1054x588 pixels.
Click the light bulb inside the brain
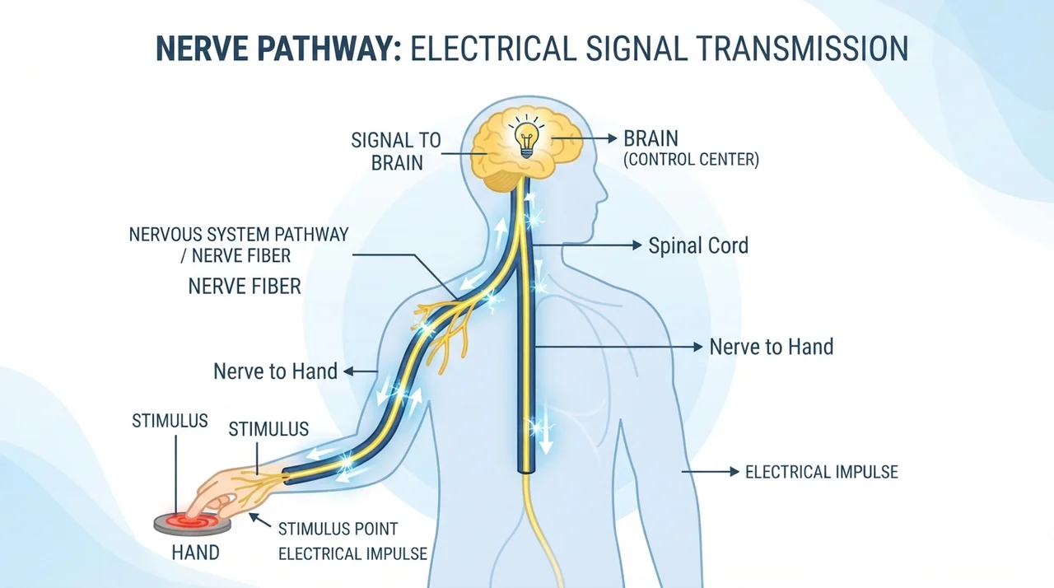(x=526, y=140)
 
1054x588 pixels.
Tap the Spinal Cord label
(x=698, y=245)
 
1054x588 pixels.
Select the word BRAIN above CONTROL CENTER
(x=651, y=139)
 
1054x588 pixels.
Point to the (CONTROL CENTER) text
(x=691, y=160)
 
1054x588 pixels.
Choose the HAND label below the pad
(x=195, y=553)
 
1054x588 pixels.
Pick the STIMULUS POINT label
(x=338, y=529)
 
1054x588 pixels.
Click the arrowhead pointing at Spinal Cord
(x=637, y=245)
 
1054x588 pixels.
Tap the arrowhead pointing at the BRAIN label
(x=612, y=138)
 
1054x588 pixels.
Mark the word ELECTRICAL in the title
(x=493, y=48)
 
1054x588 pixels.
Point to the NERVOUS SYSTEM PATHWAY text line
(x=239, y=234)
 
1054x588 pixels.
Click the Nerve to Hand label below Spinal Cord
(x=772, y=347)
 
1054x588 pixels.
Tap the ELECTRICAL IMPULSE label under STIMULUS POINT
(x=352, y=553)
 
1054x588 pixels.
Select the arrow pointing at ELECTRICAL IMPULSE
(x=711, y=471)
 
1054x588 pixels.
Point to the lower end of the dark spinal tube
(x=526, y=472)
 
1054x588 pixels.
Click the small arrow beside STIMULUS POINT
(x=259, y=520)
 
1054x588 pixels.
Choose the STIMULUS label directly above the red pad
(x=170, y=421)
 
